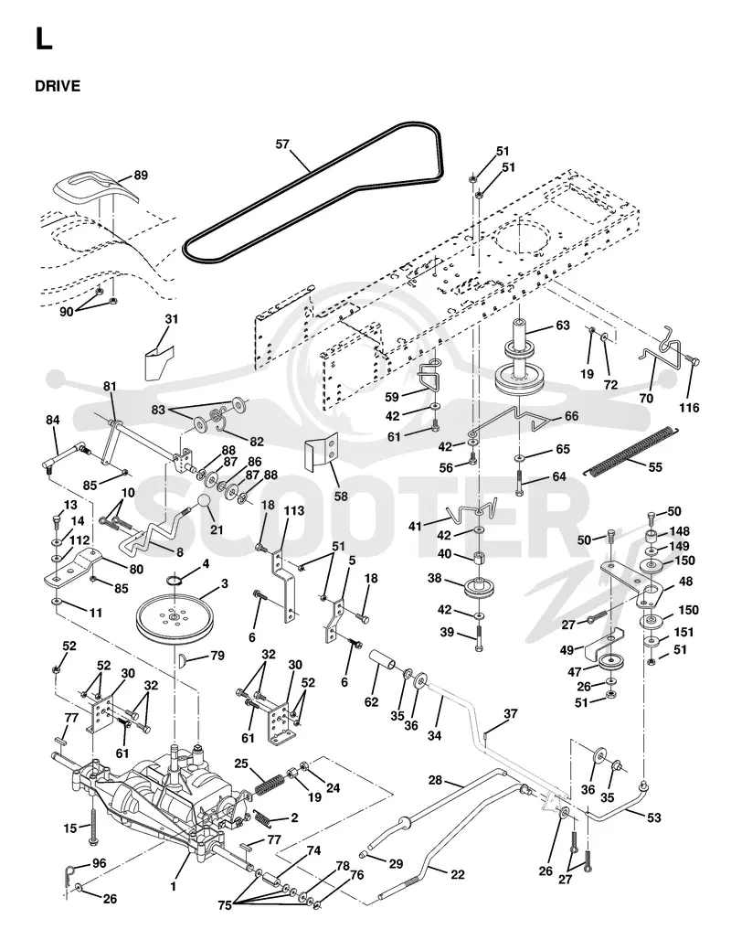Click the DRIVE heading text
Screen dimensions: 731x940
pos(58,86)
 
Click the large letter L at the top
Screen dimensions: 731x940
pos(44,39)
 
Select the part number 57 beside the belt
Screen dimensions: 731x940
pos(282,144)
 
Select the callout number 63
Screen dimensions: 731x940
pos(563,326)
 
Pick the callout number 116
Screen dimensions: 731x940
pos(689,408)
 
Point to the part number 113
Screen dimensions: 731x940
pos(293,511)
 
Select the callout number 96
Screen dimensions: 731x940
pos(99,864)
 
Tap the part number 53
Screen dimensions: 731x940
pos(653,817)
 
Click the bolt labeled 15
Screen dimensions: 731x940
pos(93,826)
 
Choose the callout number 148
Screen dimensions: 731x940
pos(680,531)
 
